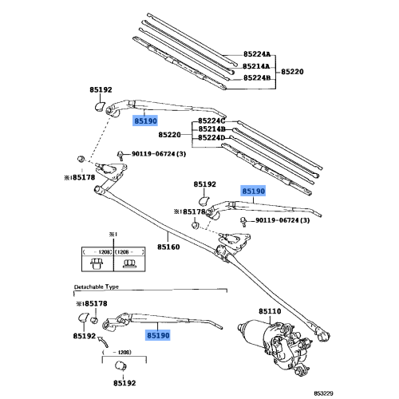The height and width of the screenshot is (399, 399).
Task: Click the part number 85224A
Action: (x=257, y=54)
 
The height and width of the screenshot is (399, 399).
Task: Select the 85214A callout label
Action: (x=257, y=67)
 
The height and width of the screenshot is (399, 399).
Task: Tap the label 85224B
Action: (x=257, y=79)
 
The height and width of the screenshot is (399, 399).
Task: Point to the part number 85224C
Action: (x=211, y=120)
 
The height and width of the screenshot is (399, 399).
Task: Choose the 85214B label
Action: (x=211, y=128)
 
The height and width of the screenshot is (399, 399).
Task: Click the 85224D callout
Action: (x=211, y=137)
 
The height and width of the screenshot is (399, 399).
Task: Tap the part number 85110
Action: (x=270, y=311)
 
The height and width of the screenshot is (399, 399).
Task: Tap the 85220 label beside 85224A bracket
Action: (x=293, y=71)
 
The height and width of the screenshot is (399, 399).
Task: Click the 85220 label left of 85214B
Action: (x=170, y=134)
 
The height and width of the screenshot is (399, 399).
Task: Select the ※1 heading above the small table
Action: (x=113, y=235)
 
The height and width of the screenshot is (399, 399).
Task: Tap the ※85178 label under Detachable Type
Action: (x=91, y=303)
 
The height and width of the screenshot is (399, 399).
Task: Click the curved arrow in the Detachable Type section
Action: (x=102, y=342)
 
